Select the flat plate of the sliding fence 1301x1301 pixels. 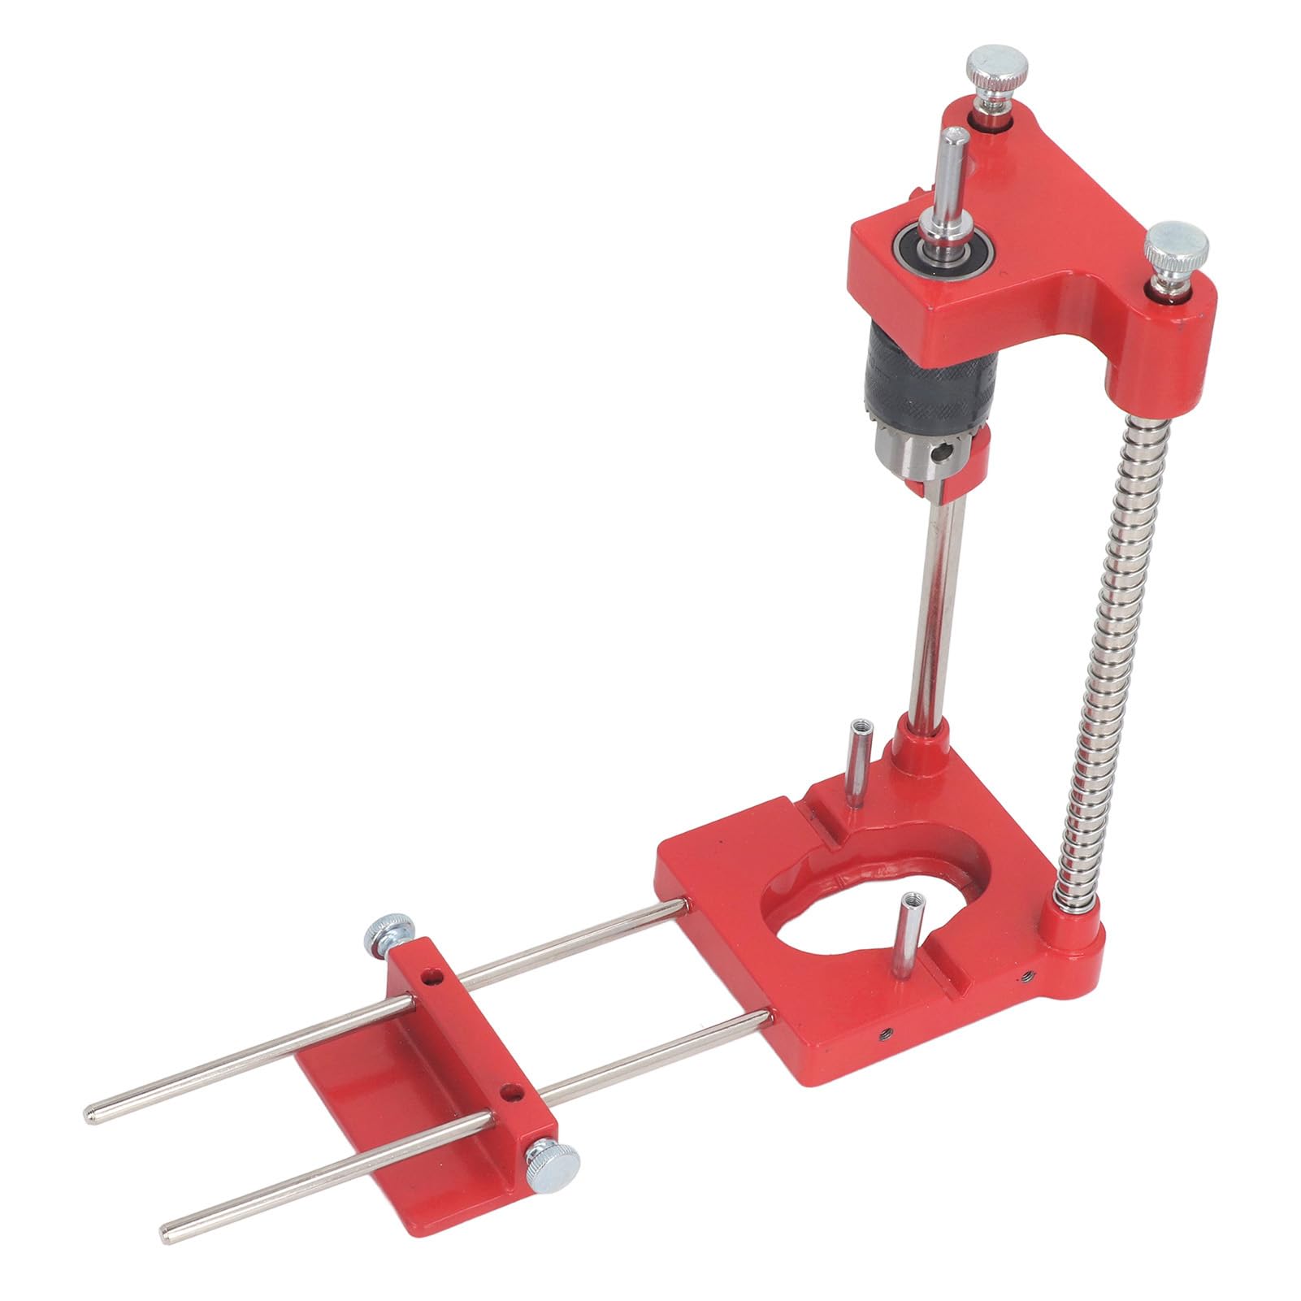(x=382, y=1097)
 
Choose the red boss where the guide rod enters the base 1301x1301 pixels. (x=918, y=744)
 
